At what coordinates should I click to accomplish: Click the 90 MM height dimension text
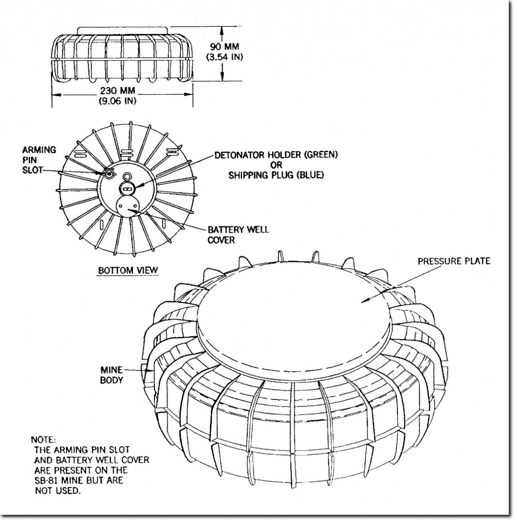click(x=224, y=46)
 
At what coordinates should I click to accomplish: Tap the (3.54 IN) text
click(x=224, y=57)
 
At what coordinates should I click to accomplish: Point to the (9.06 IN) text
click(x=118, y=101)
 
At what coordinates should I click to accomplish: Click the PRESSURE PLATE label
click(x=454, y=261)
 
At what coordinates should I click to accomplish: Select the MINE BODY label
click(x=112, y=375)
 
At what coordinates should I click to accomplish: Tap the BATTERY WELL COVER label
click(x=238, y=235)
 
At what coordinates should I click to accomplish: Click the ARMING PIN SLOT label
click(x=39, y=160)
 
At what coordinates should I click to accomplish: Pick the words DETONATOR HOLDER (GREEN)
click(x=276, y=155)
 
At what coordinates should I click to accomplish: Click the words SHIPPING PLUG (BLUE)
click(x=276, y=175)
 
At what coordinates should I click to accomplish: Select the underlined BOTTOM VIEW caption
click(x=128, y=270)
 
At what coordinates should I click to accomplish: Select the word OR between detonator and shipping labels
click(x=276, y=165)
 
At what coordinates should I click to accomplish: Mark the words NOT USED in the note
click(x=58, y=490)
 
